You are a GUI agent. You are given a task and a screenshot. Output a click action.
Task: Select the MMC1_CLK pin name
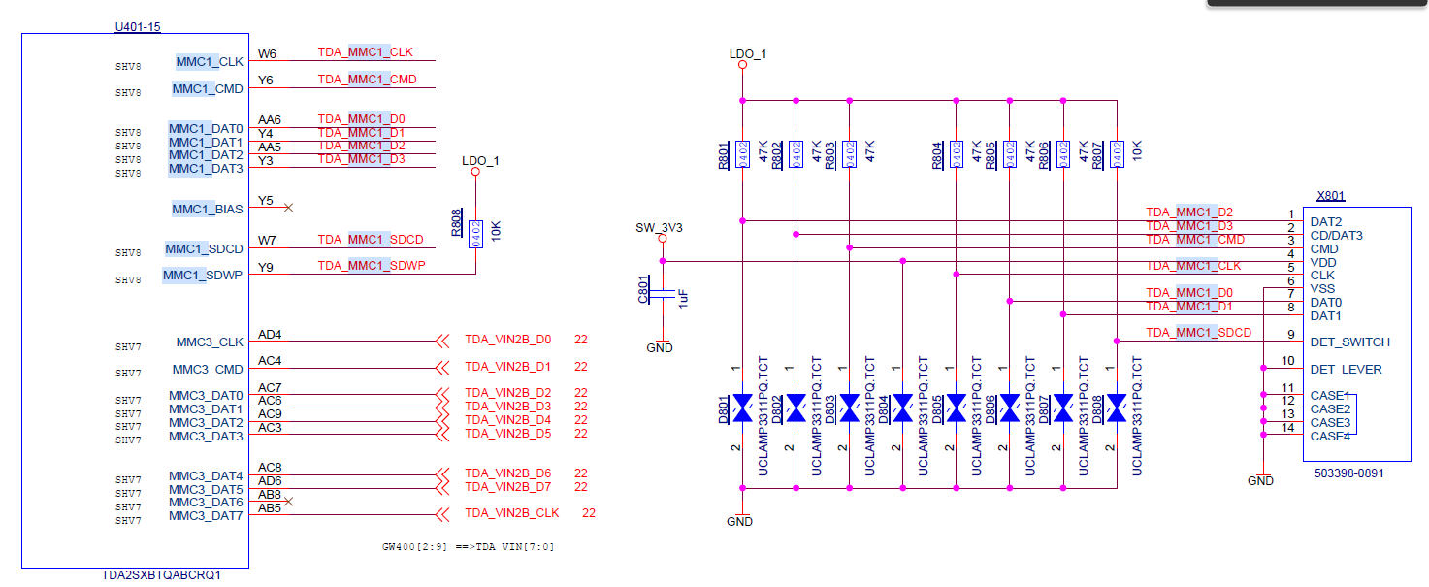coord(210,62)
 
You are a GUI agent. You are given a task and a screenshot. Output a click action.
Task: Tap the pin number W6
coord(267,54)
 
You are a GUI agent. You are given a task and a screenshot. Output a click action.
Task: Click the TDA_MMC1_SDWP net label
coord(371,266)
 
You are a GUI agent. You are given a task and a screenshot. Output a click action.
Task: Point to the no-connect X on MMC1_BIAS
coord(288,208)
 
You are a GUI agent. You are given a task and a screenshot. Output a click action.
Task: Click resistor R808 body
coord(475,234)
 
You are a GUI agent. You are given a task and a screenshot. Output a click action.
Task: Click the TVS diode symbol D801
coord(743,408)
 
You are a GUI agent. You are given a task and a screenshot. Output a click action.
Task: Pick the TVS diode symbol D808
coord(1117,408)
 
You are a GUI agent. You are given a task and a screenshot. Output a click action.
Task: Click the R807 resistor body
coord(1117,152)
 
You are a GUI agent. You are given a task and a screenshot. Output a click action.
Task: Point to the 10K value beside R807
coord(1137,150)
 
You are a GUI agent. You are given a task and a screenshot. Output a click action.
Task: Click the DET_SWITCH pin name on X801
coord(1349,342)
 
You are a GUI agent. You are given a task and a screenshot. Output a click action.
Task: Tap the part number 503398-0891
coord(1349,473)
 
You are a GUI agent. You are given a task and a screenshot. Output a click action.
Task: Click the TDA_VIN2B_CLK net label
coord(511,513)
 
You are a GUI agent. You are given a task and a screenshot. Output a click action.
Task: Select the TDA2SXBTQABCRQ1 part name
coord(161,575)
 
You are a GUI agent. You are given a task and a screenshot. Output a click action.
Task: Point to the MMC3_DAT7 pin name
coord(206,516)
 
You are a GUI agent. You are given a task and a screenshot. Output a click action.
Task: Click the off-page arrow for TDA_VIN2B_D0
coord(442,341)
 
